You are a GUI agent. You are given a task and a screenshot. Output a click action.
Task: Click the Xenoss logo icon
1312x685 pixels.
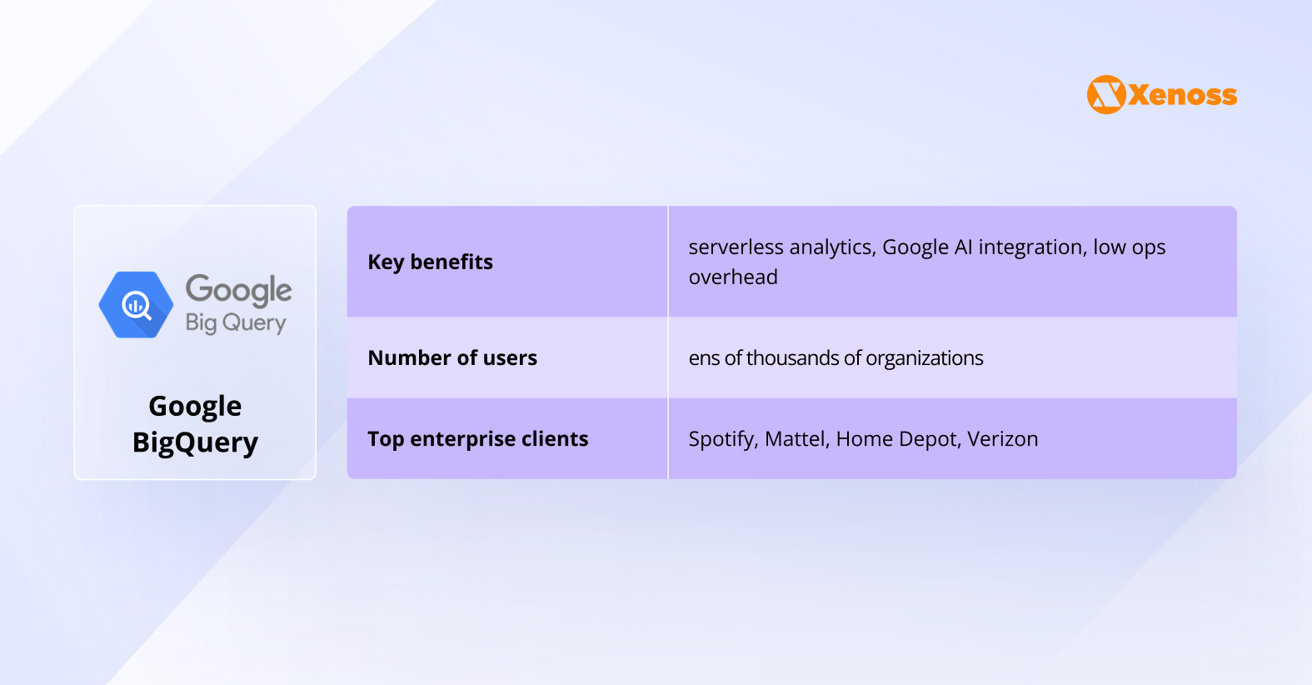point(1106,95)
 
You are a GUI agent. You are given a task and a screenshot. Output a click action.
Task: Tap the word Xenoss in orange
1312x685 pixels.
point(1183,96)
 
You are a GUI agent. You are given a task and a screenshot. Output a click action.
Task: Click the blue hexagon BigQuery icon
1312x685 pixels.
point(136,305)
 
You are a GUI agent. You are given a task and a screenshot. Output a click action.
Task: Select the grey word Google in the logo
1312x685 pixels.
point(238,290)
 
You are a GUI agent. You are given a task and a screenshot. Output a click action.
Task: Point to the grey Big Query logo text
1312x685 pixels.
point(236,322)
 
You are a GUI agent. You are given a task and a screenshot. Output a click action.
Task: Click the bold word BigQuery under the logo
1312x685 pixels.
point(195,442)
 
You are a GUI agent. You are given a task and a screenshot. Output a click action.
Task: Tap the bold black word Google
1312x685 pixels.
point(195,406)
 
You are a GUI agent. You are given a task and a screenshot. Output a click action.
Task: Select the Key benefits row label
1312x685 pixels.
point(430,262)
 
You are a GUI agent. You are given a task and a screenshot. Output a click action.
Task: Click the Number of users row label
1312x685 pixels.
point(452,358)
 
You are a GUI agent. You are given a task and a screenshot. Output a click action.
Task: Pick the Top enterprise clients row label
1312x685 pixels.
point(477,439)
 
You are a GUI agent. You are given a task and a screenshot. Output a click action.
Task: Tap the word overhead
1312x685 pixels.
point(733,277)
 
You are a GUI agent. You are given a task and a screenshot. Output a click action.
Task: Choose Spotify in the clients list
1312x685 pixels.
point(722,439)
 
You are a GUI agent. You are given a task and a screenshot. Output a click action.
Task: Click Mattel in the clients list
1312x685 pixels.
point(796,439)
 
